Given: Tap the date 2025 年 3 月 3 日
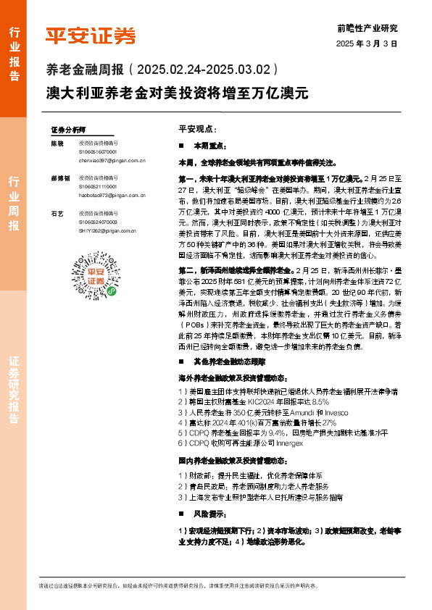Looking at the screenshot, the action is [367, 44].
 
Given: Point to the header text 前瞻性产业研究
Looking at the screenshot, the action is [367, 28].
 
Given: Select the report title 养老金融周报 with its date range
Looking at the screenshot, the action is [162, 71].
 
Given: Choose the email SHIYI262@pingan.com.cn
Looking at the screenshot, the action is [109, 230].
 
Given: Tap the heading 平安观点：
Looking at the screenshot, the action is [196, 128].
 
